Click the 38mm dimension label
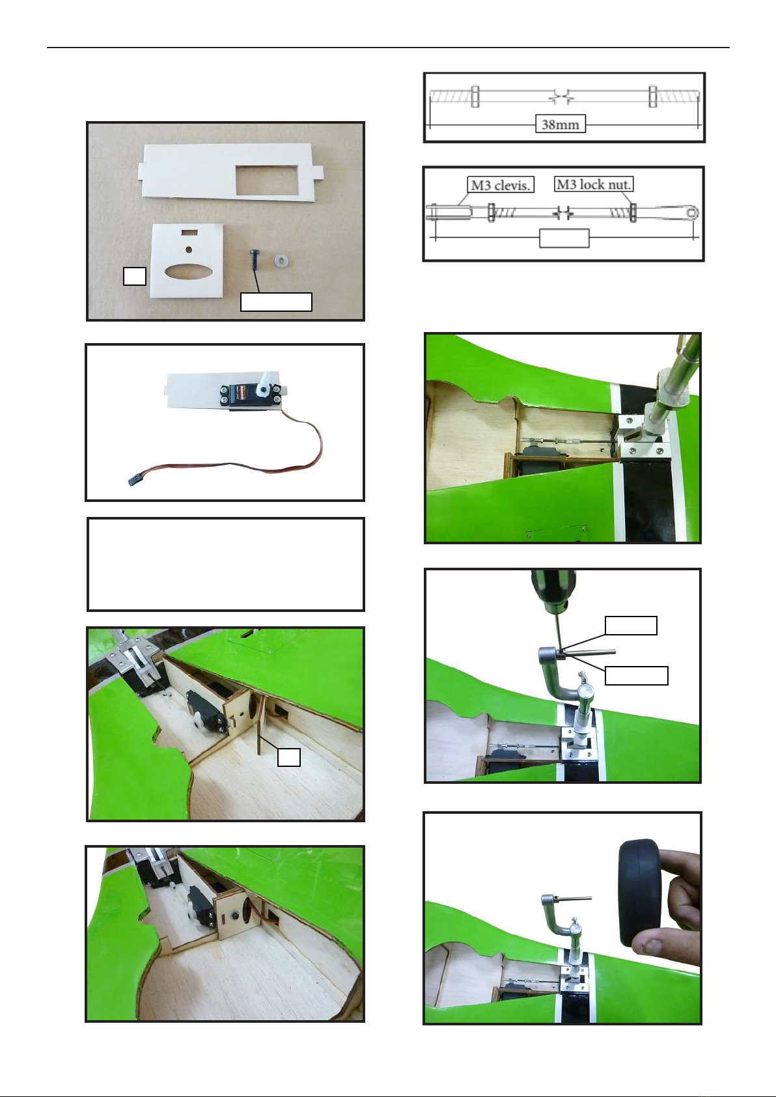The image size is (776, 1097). click(x=560, y=124)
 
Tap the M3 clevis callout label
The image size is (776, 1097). click(x=500, y=185)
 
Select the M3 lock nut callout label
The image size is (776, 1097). click(x=593, y=184)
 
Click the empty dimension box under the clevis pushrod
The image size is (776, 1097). click(x=564, y=238)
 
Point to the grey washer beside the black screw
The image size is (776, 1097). click(x=281, y=260)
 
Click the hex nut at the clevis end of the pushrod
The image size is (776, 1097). click(x=491, y=212)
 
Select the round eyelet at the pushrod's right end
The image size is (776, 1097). click(x=691, y=213)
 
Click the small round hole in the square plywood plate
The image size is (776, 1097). click(x=189, y=250)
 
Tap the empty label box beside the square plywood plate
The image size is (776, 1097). click(x=135, y=276)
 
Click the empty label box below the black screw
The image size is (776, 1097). click(x=276, y=302)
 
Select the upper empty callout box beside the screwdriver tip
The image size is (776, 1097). click(x=631, y=626)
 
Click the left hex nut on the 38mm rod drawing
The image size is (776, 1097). click(x=475, y=96)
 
